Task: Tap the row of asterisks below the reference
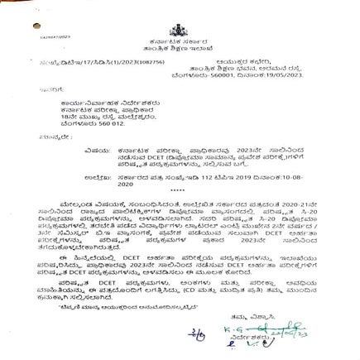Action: click(177, 190)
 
